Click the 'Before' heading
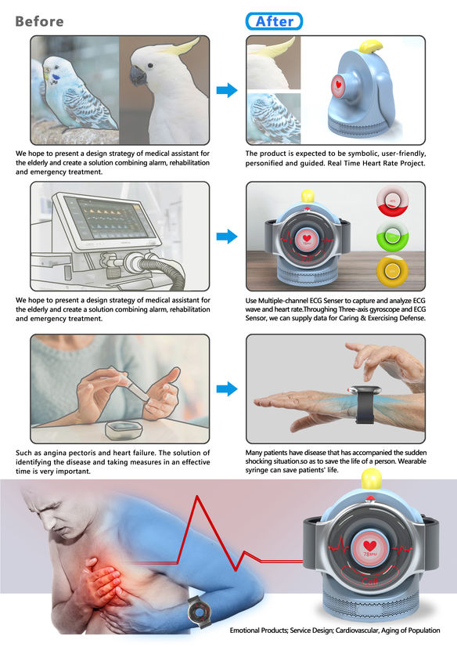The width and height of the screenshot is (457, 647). coord(40,21)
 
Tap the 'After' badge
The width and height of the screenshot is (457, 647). coord(274,21)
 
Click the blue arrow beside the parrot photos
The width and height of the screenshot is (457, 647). coord(227,90)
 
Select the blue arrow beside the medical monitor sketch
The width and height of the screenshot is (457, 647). coord(227,237)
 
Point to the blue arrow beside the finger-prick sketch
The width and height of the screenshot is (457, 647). coord(227,389)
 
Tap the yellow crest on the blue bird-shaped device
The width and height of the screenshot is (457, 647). coord(370,45)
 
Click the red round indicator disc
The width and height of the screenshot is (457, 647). coord(392,202)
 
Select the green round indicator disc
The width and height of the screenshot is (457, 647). coord(392,236)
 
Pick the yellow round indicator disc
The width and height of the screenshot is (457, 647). coord(392,271)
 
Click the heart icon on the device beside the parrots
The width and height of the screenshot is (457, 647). coord(339,85)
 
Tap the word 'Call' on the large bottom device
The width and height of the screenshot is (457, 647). coord(369,581)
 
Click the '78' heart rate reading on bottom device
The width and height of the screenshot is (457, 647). coord(367,554)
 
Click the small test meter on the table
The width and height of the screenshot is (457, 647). coord(124,430)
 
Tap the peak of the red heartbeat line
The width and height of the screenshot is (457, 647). coord(197,496)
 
